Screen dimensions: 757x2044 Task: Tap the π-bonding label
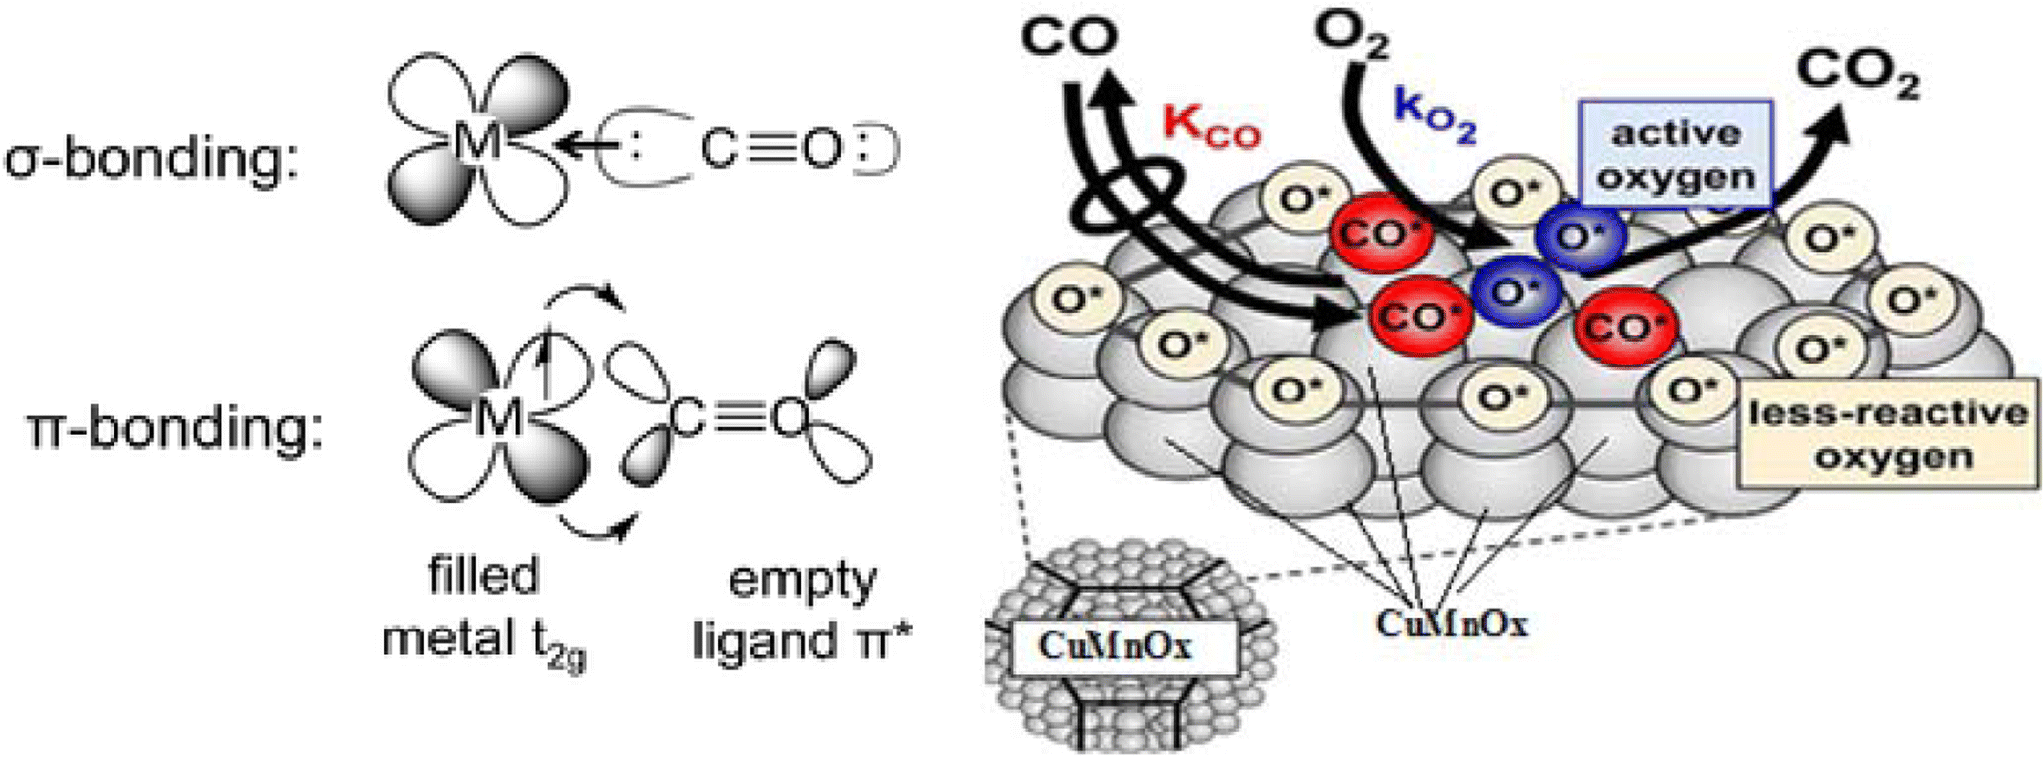click(x=175, y=429)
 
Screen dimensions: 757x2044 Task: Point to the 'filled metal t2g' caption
click(x=484, y=610)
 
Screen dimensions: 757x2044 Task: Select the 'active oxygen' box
click(x=1677, y=155)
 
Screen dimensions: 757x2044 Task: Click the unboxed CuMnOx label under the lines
click(x=1451, y=623)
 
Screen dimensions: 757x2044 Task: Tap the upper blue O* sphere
click(x=1580, y=236)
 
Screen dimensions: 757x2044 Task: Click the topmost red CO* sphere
click(x=1380, y=234)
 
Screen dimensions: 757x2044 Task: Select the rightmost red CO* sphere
click(x=1626, y=325)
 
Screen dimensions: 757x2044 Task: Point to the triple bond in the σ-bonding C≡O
click(x=770, y=149)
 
